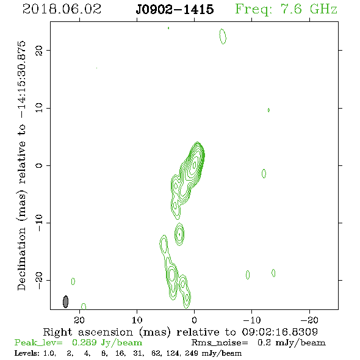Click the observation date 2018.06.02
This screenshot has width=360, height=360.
62,9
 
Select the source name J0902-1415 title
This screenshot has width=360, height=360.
175,10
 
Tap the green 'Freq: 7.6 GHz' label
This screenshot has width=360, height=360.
286,10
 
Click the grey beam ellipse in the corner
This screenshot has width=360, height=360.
66,301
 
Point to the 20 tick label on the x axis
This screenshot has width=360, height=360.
79,320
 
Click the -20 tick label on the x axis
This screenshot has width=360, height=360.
309,320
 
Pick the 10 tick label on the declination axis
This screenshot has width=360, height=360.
39,108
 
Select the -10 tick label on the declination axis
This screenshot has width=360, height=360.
39,223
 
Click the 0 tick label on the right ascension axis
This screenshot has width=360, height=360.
194,320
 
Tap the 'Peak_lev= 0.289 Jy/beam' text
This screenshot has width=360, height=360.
78,343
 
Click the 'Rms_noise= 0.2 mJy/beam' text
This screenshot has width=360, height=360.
258,343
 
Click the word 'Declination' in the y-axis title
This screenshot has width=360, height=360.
21,259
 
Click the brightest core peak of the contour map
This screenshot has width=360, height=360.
195,165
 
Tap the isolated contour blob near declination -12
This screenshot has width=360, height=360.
179,234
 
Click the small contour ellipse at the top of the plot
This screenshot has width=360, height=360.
223,36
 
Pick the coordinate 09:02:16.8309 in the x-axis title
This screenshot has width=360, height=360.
280,332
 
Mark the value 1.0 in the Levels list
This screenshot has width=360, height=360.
49,353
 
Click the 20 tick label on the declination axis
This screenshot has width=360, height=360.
39,50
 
